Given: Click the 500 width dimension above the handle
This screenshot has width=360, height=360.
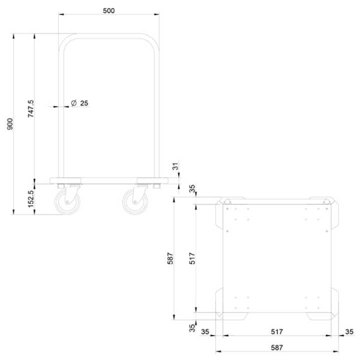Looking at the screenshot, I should (x=109, y=10).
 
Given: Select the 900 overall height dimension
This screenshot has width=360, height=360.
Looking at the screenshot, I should (x=9, y=125).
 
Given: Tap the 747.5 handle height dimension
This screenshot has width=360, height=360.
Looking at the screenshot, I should (x=30, y=108).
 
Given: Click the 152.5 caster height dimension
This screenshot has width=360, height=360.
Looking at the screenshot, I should (x=30, y=199).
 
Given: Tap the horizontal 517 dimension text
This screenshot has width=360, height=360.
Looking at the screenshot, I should (x=277, y=331).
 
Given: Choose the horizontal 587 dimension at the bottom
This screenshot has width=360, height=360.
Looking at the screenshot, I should (x=277, y=347).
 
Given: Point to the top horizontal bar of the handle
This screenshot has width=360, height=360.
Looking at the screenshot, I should (x=109, y=36).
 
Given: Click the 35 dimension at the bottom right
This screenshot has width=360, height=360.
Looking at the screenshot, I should (x=349, y=331).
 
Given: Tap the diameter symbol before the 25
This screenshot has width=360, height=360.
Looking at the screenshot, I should (x=73, y=103).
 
